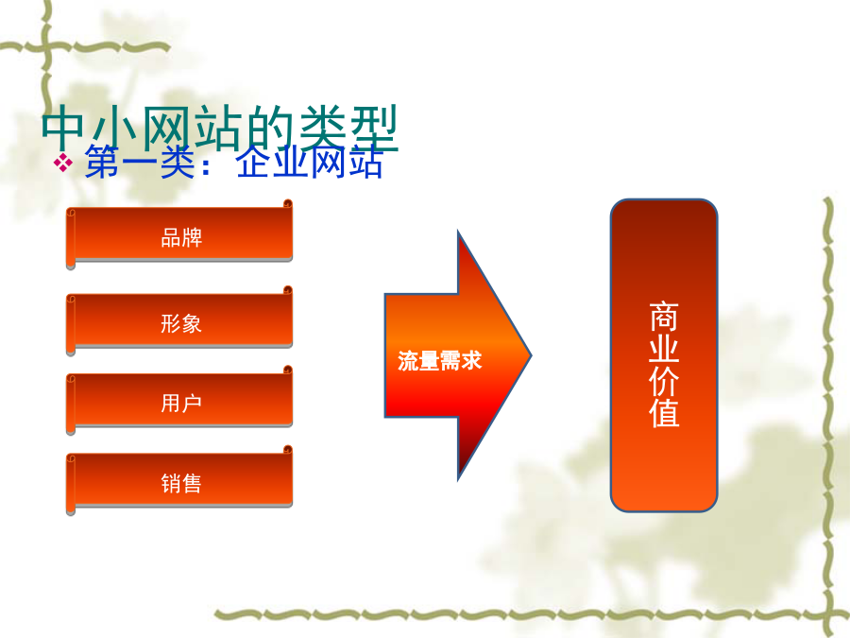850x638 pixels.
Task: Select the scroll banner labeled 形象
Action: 179,321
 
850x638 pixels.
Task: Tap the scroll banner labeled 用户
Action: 179,401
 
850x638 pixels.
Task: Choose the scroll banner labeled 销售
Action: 179,481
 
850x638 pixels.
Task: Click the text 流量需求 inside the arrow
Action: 439,361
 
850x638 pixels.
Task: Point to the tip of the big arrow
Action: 531,356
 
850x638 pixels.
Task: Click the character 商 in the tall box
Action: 664,317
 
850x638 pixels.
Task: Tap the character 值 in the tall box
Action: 664,413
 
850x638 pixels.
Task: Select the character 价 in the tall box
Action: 664,381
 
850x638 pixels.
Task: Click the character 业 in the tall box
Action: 664,349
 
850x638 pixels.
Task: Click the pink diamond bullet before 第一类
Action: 63,163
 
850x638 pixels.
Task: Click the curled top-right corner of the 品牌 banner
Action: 288,204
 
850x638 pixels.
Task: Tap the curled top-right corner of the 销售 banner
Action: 288,450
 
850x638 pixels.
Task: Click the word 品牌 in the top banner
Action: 181,237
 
